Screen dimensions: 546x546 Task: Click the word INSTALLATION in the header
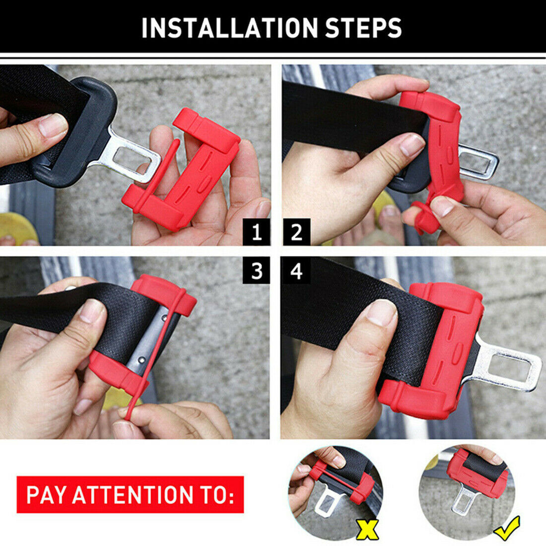click(x=229, y=28)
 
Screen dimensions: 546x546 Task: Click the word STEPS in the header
click(x=363, y=28)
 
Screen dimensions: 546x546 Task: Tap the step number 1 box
click(x=257, y=232)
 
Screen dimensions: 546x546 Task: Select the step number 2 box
click(x=296, y=232)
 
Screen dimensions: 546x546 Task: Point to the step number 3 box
click(x=257, y=271)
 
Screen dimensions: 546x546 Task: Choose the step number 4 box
click(x=296, y=271)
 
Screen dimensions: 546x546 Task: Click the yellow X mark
click(x=367, y=529)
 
